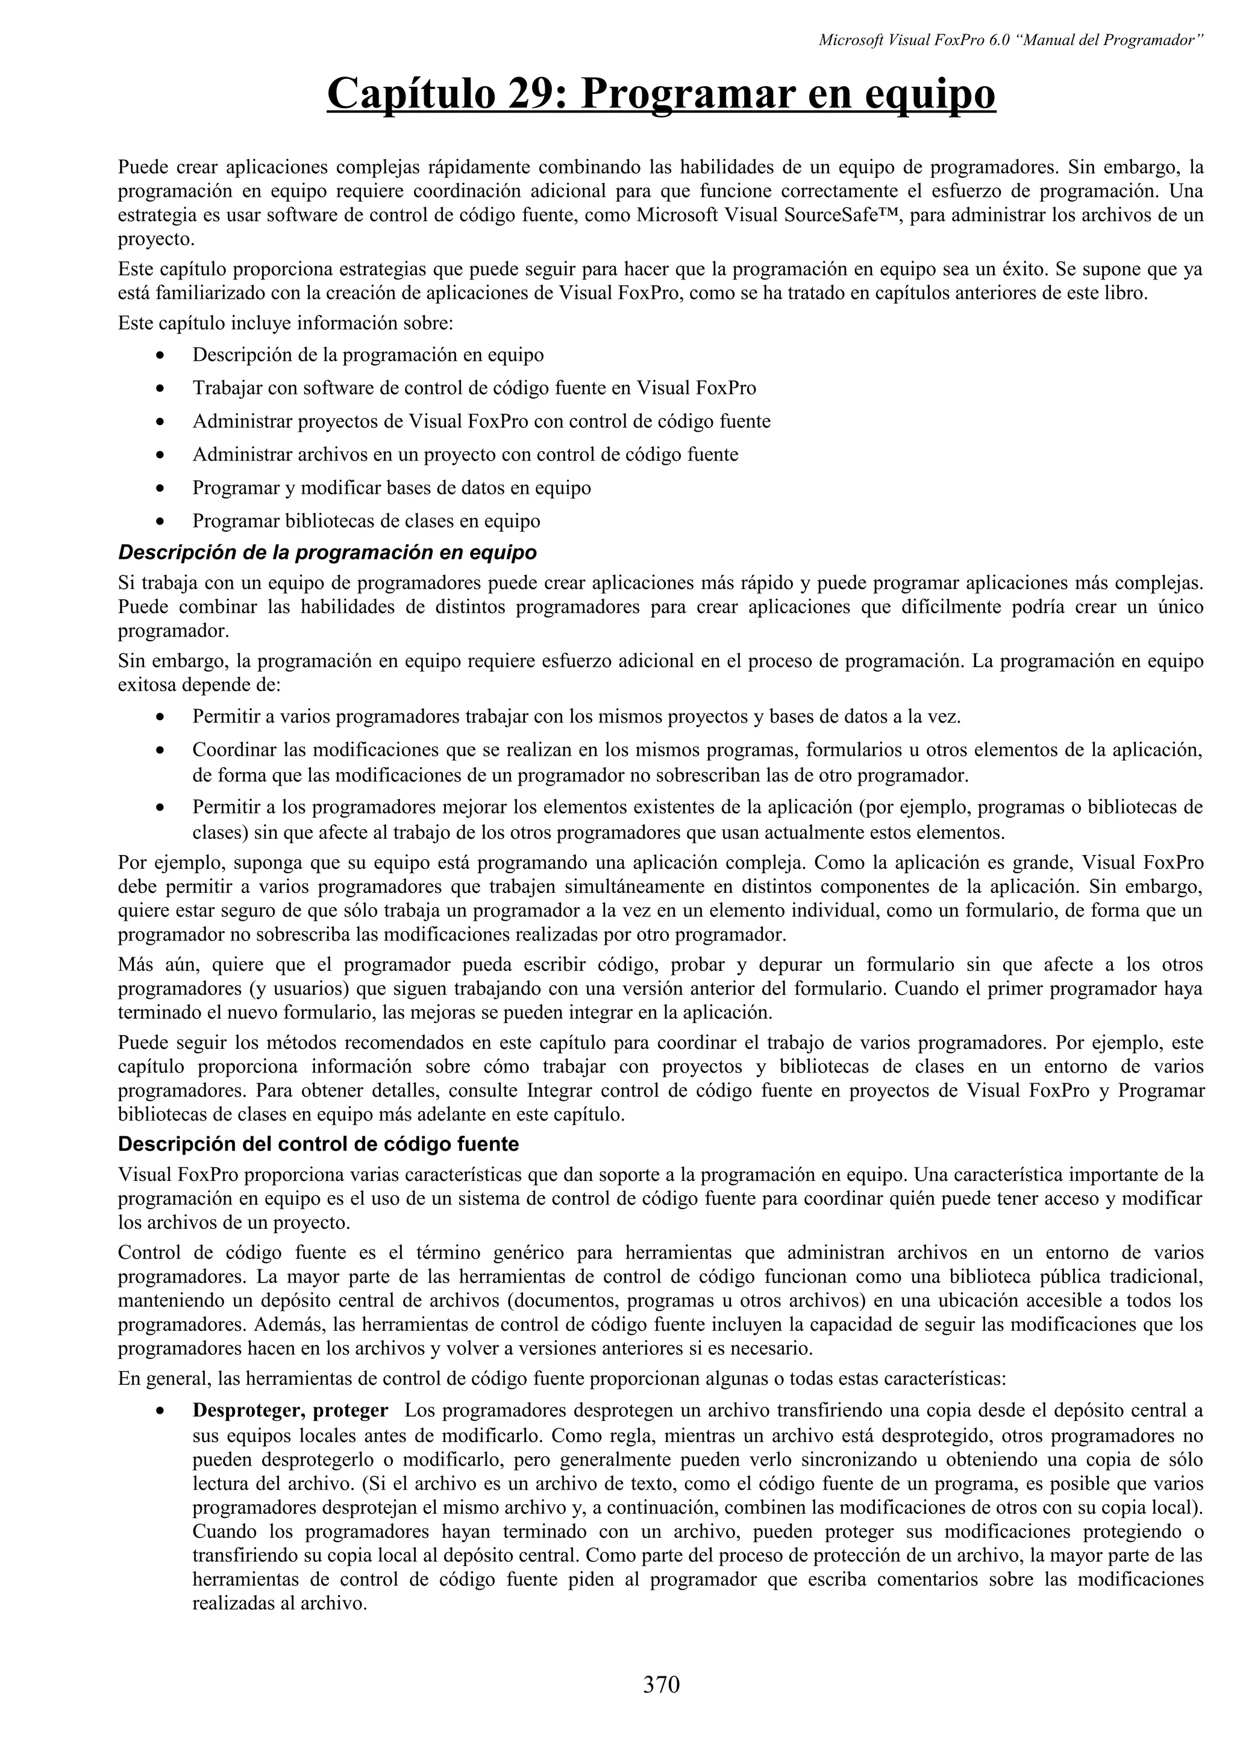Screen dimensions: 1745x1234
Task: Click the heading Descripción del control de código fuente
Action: tap(319, 1144)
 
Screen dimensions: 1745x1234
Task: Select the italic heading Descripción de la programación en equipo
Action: tap(327, 553)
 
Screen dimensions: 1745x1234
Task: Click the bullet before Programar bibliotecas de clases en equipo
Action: tap(159, 522)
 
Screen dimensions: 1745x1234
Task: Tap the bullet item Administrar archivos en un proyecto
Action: tap(465, 455)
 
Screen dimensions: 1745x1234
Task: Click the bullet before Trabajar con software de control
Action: tap(159, 389)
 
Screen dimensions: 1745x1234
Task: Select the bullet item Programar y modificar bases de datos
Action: tap(391, 488)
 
